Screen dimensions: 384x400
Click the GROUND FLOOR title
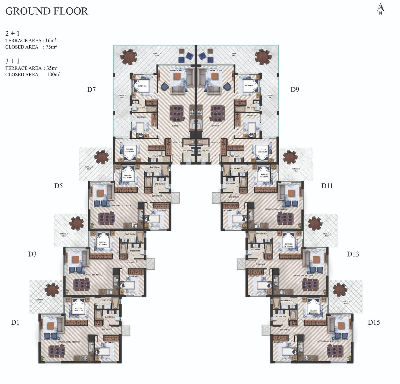(47, 11)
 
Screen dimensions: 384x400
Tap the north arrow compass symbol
(380, 9)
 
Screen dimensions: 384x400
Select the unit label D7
(91, 90)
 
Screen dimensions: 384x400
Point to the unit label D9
(295, 90)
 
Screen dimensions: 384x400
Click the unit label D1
(15, 322)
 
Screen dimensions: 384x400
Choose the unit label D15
(374, 322)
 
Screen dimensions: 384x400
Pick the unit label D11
(327, 186)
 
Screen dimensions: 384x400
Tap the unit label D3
(32, 254)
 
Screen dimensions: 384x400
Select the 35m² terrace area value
(52, 68)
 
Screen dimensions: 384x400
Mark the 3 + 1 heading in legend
(12, 61)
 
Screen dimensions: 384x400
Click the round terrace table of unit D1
(52, 290)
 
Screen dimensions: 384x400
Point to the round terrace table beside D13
(315, 223)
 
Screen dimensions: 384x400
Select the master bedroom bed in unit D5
(128, 175)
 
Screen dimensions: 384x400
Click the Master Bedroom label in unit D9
(262, 151)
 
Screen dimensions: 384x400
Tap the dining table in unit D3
(81, 285)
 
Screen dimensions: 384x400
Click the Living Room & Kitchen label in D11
(276, 209)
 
